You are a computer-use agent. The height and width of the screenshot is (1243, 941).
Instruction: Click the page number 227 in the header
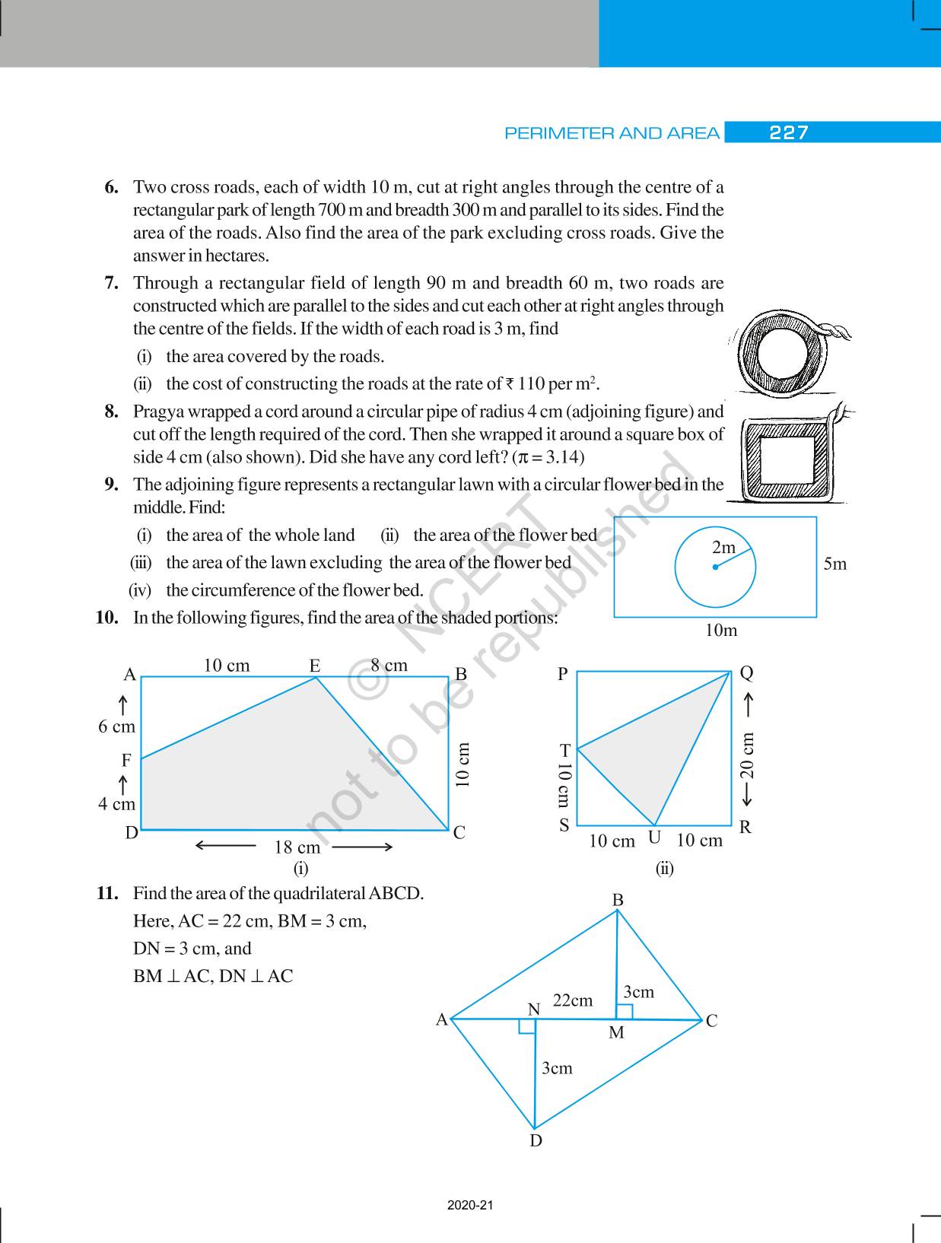click(x=789, y=133)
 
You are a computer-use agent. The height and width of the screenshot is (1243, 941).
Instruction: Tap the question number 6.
click(x=111, y=187)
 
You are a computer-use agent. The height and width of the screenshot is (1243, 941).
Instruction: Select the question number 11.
click(x=106, y=893)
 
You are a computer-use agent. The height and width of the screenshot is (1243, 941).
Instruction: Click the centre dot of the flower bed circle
click(x=715, y=567)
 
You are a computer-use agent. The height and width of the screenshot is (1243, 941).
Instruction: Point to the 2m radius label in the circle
click(x=724, y=548)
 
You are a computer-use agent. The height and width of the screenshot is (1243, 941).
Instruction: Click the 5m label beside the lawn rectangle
click(x=835, y=564)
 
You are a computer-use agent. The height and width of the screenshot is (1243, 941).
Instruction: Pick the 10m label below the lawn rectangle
click(x=720, y=631)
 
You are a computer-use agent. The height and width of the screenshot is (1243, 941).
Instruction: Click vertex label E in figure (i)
click(x=315, y=666)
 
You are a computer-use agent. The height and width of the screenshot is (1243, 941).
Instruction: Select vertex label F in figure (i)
click(x=126, y=760)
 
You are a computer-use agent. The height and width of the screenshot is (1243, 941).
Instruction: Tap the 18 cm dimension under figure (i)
click(x=297, y=847)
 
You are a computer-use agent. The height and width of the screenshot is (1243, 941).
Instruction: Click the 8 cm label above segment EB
click(x=389, y=666)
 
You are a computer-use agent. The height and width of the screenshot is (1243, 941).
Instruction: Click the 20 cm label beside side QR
click(x=748, y=755)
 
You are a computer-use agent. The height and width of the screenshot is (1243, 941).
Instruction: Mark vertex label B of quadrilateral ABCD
click(x=618, y=900)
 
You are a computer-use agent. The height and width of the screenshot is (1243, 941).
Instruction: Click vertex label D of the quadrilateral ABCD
click(x=536, y=1140)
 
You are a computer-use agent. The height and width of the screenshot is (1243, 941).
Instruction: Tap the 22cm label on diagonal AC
click(x=572, y=1000)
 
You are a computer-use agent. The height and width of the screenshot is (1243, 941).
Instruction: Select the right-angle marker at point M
click(x=624, y=1011)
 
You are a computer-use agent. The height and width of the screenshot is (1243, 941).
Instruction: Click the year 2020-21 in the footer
click(x=470, y=1206)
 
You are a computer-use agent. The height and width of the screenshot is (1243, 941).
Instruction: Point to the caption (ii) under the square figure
click(x=665, y=868)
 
